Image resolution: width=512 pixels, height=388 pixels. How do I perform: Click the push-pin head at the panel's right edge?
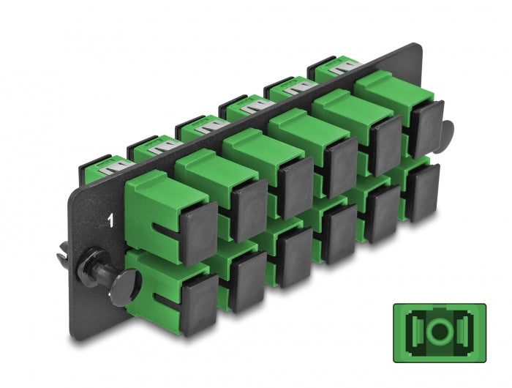click(445, 133)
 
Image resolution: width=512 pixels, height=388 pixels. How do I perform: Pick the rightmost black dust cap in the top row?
click(424, 124)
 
